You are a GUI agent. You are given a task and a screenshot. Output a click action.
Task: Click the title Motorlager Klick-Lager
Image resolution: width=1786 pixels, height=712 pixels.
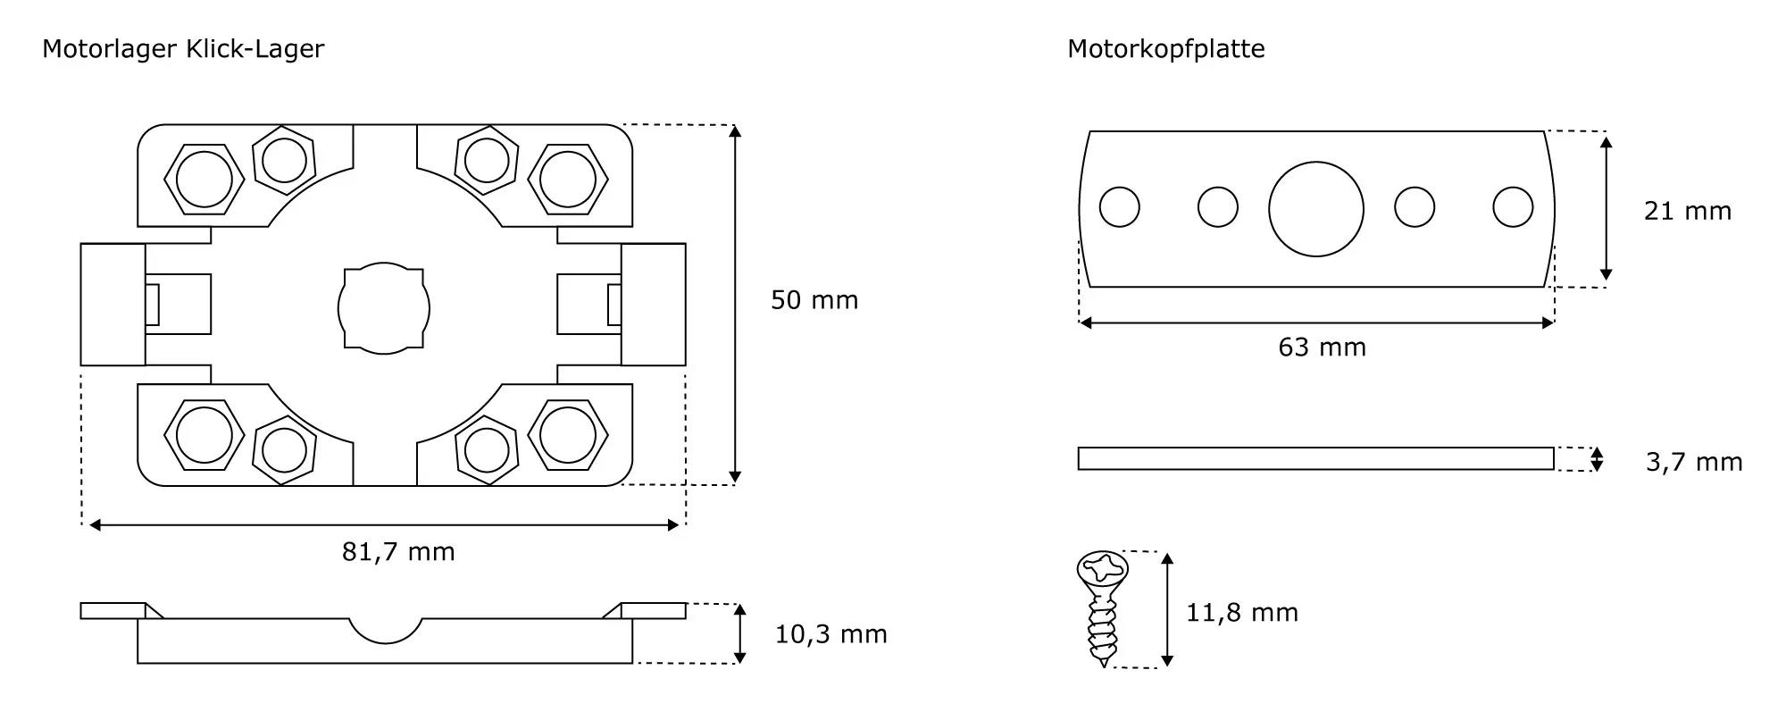pyautogui.click(x=183, y=49)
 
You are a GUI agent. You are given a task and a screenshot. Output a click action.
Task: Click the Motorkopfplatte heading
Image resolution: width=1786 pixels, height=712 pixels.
pyautogui.click(x=1165, y=49)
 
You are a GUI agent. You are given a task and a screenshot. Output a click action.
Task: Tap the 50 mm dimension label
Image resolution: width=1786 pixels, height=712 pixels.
pyautogui.click(x=814, y=300)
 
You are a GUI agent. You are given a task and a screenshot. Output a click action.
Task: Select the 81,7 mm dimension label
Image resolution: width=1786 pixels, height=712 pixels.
pyautogui.click(x=398, y=552)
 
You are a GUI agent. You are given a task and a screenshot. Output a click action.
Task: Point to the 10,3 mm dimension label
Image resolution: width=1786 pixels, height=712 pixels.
pyautogui.click(x=830, y=634)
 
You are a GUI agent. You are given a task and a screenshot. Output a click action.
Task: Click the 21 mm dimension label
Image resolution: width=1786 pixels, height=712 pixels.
pyautogui.click(x=1687, y=211)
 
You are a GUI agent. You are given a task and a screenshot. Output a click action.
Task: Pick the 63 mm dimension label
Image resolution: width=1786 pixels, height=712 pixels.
pyautogui.click(x=1322, y=348)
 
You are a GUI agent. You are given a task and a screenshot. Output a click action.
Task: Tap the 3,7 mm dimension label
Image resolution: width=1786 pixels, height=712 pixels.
pyautogui.click(x=1693, y=462)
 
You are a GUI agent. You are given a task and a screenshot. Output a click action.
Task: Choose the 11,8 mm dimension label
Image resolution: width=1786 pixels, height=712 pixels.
pyautogui.click(x=1241, y=613)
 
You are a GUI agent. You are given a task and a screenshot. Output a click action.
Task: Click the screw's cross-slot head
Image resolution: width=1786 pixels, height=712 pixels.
pyautogui.click(x=1103, y=568)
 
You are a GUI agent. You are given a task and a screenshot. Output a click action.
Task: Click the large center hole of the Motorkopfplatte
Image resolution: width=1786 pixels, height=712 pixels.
pyautogui.click(x=1315, y=209)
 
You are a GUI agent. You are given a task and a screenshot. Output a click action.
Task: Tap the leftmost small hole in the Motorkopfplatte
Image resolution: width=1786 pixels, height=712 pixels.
pyautogui.click(x=1119, y=207)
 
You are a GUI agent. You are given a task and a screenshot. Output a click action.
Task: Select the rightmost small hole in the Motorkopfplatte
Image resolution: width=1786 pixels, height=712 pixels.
pyautogui.click(x=1512, y=207)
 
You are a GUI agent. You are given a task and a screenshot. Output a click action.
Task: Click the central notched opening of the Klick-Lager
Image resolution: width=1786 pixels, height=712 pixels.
pyautogui.click(x=384, y=308)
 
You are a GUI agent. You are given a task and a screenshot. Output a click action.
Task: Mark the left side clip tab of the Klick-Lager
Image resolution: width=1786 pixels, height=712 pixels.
pyautogui.click(x=113, y=305)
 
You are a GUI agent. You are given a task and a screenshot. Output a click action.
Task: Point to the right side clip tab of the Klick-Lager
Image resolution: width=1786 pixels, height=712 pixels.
pyautogui.click(x=654, y=305)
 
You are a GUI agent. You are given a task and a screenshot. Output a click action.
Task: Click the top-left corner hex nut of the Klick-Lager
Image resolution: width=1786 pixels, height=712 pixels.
pyautogui.click(x=204, y=180)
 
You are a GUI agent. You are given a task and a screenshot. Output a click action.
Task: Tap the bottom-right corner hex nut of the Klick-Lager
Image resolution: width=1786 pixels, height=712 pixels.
pyautogui.click(x=568, y=435)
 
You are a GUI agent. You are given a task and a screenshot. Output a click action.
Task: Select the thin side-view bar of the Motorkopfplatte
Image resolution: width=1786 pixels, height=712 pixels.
pyautogui.click(x=1315, y=458)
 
